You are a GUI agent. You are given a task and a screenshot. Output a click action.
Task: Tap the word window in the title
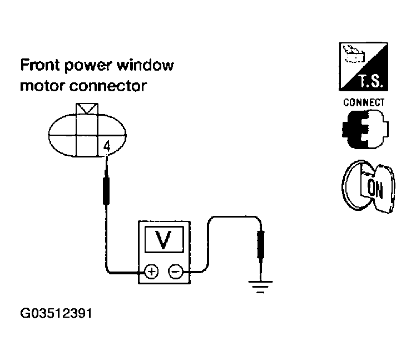coord(146,66)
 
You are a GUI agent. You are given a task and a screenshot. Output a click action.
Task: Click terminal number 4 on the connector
coord(106,147)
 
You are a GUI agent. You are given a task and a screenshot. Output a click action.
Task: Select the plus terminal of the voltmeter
coord(151,272)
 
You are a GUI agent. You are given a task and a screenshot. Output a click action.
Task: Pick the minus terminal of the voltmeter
coord(176,272)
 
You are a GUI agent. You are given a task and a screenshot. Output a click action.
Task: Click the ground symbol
coord(260,287)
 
